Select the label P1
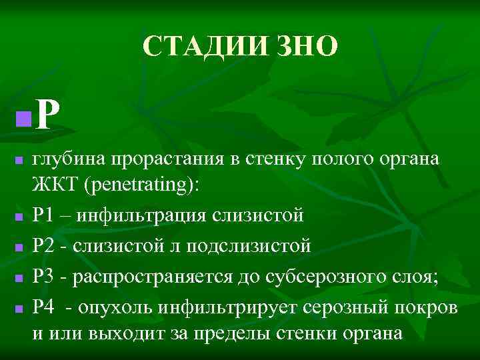click(47, 215)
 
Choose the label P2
click(47, 246)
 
